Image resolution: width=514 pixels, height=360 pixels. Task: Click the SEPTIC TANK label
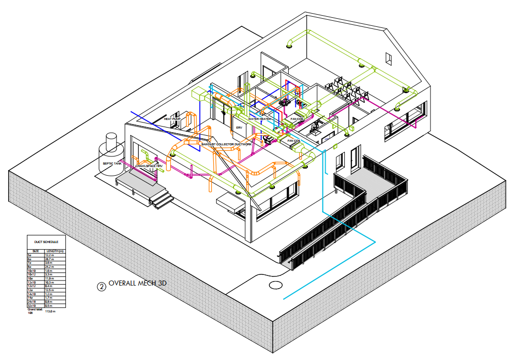click(x=112, y=164)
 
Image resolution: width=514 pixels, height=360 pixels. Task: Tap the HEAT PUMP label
click(x=172, y=118)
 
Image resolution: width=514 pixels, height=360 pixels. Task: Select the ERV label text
click(x=240, y=128)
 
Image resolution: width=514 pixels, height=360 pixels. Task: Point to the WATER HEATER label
click(x=260, y=119)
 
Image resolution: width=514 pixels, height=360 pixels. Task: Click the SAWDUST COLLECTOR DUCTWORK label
click(x=226, y=144)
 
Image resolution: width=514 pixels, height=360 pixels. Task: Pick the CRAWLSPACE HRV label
click(x=149, y=166)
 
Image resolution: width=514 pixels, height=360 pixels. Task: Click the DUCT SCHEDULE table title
click(x=49, y=242)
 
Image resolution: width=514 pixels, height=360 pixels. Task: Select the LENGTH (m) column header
click(x=56, y=251)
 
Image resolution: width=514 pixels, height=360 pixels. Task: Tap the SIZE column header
click(x=35, y=251)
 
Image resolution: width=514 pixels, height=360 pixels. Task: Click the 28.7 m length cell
click(x=49, y=259)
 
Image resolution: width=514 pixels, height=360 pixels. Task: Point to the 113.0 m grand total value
click(x=50, y=312)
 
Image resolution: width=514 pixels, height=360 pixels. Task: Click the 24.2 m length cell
click(x=49, y=267)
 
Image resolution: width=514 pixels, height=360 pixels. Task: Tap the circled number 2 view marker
click(x=101, y=287)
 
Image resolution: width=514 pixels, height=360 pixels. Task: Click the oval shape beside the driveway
click(x=276, y=285)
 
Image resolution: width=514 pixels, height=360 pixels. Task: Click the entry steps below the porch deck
click(x=161, y=201)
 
